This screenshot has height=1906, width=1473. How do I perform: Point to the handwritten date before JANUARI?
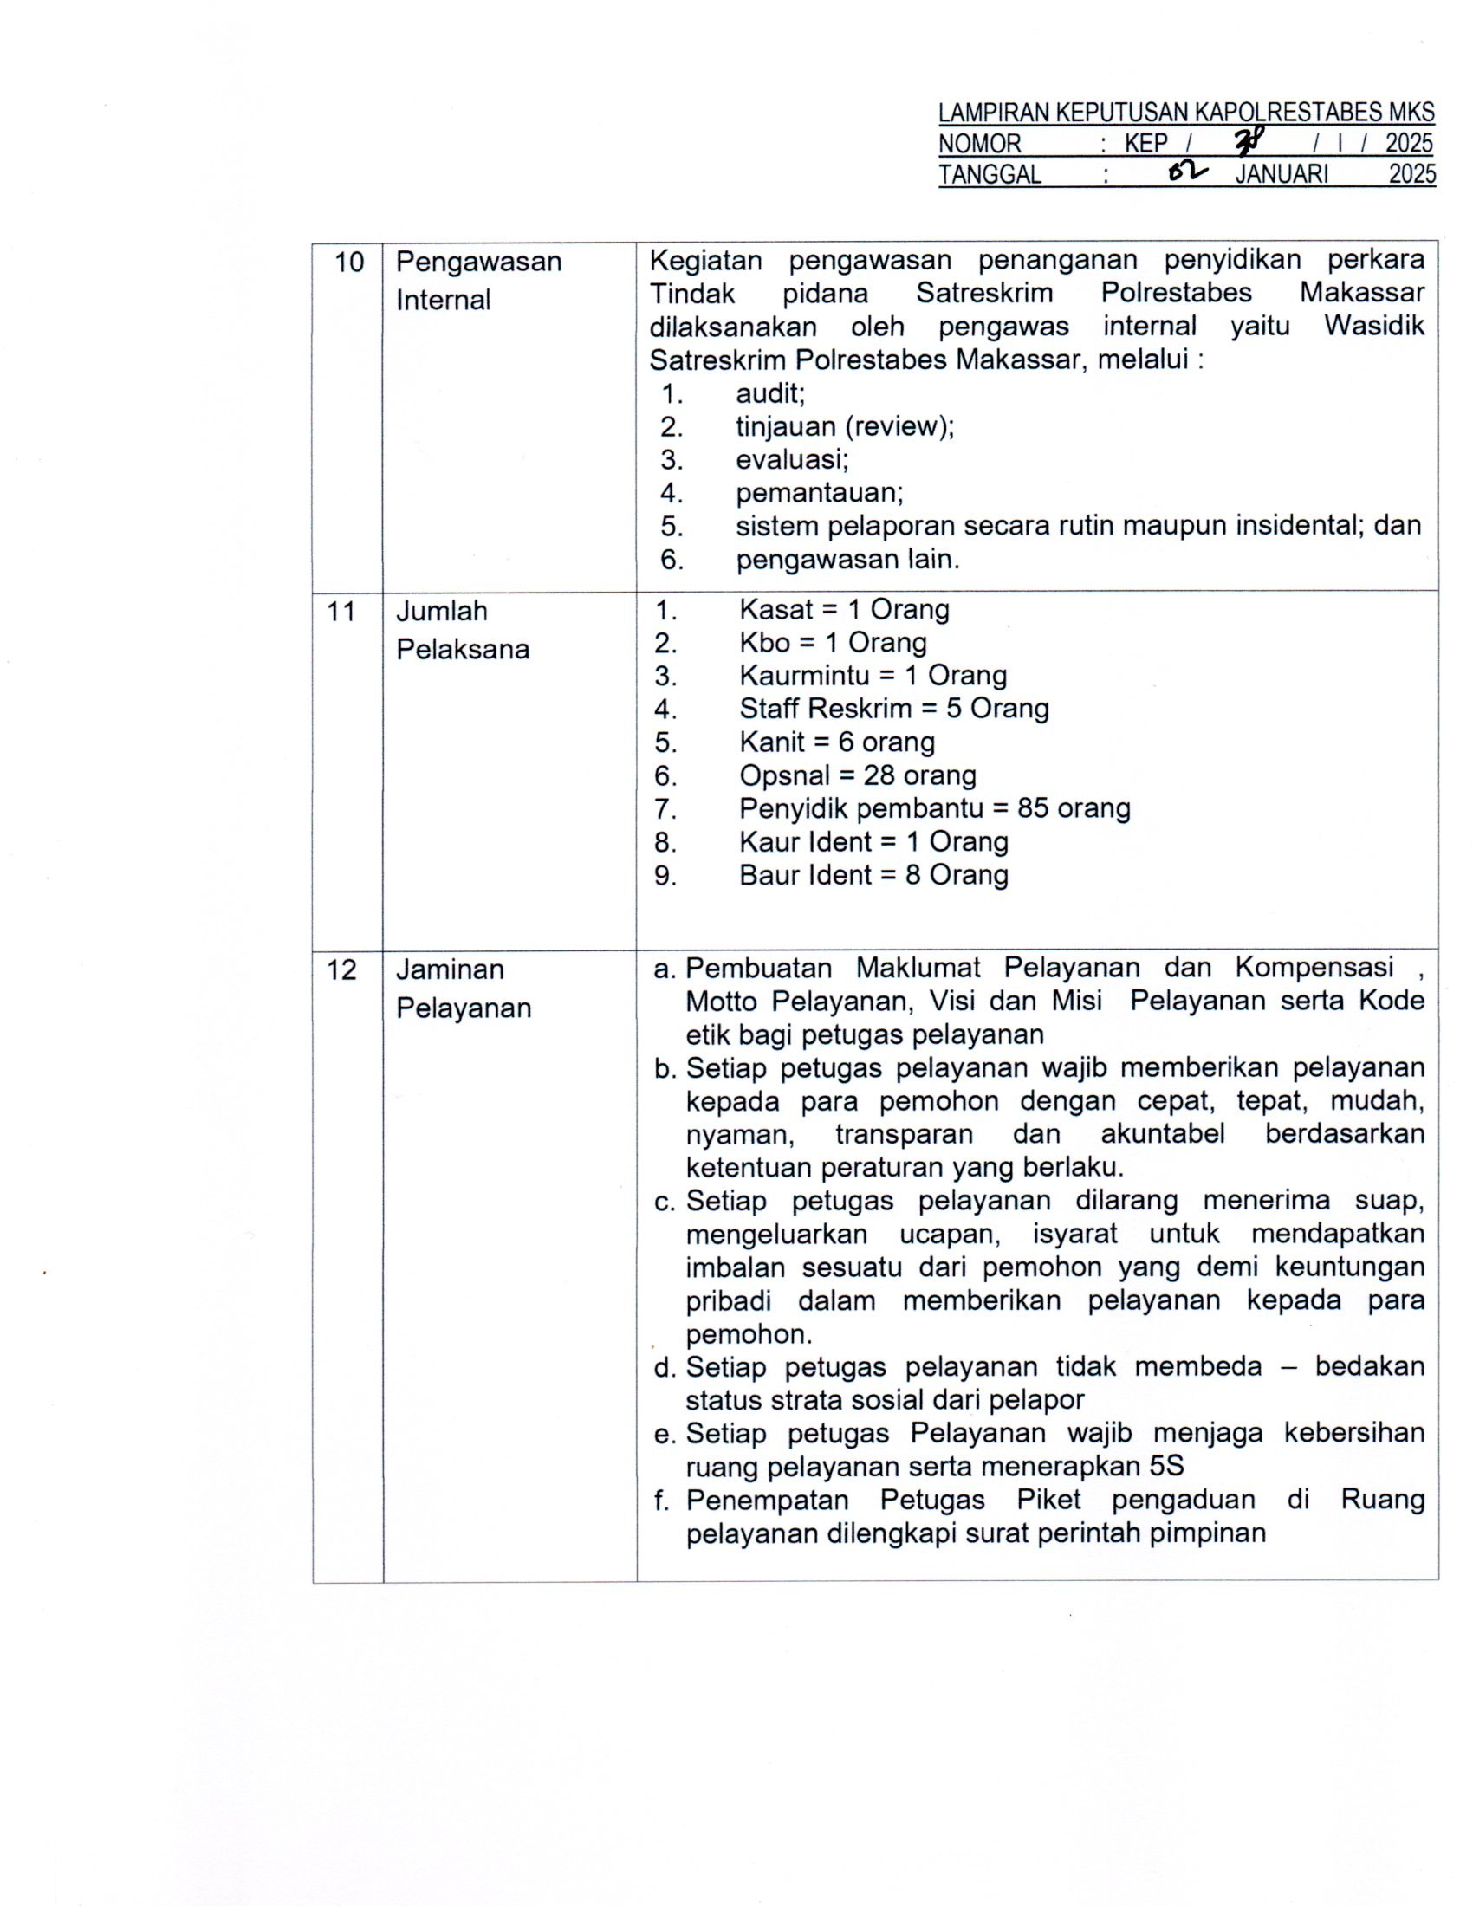(x=1190, y=172)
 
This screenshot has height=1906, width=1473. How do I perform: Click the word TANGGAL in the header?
(x=990, y=174)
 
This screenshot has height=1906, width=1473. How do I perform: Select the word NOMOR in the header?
(x=979, y=143)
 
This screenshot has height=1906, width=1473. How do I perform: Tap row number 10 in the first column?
(x=349, y=262)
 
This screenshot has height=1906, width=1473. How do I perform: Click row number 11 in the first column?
(x=341, y=611)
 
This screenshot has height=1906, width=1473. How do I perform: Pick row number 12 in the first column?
(x=341, y=969)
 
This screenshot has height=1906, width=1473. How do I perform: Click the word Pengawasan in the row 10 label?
(x=478, y=262)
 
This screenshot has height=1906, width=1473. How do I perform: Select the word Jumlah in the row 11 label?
(x=442, y=611)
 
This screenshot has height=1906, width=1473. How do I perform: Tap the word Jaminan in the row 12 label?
(x=450, y=969)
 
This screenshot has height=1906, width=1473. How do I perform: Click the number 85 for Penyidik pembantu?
(x=1033, y=808)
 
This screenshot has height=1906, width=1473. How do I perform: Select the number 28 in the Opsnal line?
(x=879, y=775)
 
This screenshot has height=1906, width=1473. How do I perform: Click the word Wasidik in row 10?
(x=1373, y=327)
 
